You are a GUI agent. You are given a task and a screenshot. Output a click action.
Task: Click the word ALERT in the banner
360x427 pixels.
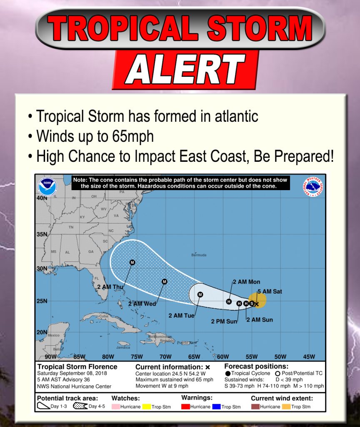pyautogui.click(x=185, y=70)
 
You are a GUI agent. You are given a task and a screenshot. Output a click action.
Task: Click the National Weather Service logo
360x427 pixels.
pyautogui.click(x=313, y=187)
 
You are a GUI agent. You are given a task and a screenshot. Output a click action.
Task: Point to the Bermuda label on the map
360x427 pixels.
pyautogui.click(x=199, y=255)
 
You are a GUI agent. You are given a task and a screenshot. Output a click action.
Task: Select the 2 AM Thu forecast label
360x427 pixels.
pyautogui.click(x=110, y=287)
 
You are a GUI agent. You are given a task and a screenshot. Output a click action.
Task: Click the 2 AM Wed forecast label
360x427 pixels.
pyautogui.click(x=142, y=304)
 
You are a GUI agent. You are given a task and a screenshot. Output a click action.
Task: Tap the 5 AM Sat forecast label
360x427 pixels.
pyautogui.click(x=270, y=291)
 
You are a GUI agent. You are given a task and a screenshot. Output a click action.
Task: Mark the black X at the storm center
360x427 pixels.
pyautogui.click(x=257, y=304)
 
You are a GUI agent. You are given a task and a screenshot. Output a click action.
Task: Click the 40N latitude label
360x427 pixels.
pyautogui.click(x=41, y=198)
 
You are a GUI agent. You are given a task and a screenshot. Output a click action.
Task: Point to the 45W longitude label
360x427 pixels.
pyautogui.click(x=309, y=357)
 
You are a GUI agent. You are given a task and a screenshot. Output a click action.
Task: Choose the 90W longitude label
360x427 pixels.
pyautogui.click(x=50, y=357)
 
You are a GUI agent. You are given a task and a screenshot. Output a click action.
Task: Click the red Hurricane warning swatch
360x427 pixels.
pyautogui.click(x=185, y=407)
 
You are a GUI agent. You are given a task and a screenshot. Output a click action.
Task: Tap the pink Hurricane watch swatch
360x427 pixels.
pyautogui.click(x=115, y=407)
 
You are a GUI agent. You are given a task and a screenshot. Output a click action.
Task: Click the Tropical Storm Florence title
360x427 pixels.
pyautogui.click(x=77, y=367)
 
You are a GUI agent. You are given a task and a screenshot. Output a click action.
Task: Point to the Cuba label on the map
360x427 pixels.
pyautogui.click(x=103, y=316)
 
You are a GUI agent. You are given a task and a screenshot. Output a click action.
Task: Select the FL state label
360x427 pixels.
pyautogui.click(x=95, y=279)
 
